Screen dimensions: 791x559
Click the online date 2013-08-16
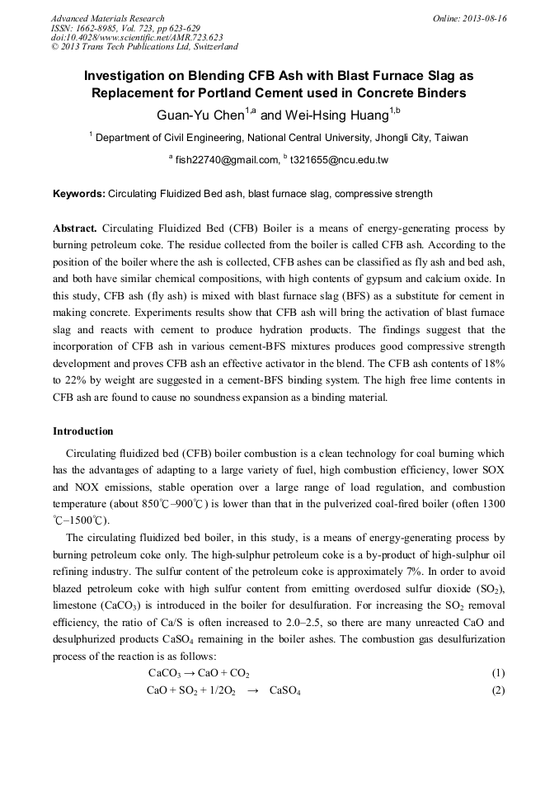click(484, 18)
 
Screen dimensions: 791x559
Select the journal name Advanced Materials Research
click(107, 18)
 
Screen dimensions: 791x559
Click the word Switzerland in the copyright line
click(208, 47)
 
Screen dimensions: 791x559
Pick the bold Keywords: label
click(79, 195)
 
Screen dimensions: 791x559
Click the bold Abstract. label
click(76, 227)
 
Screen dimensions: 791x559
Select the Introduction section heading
click(83, 431)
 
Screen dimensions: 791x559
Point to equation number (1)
click(497, 673)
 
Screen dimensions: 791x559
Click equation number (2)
click(497, 690)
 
